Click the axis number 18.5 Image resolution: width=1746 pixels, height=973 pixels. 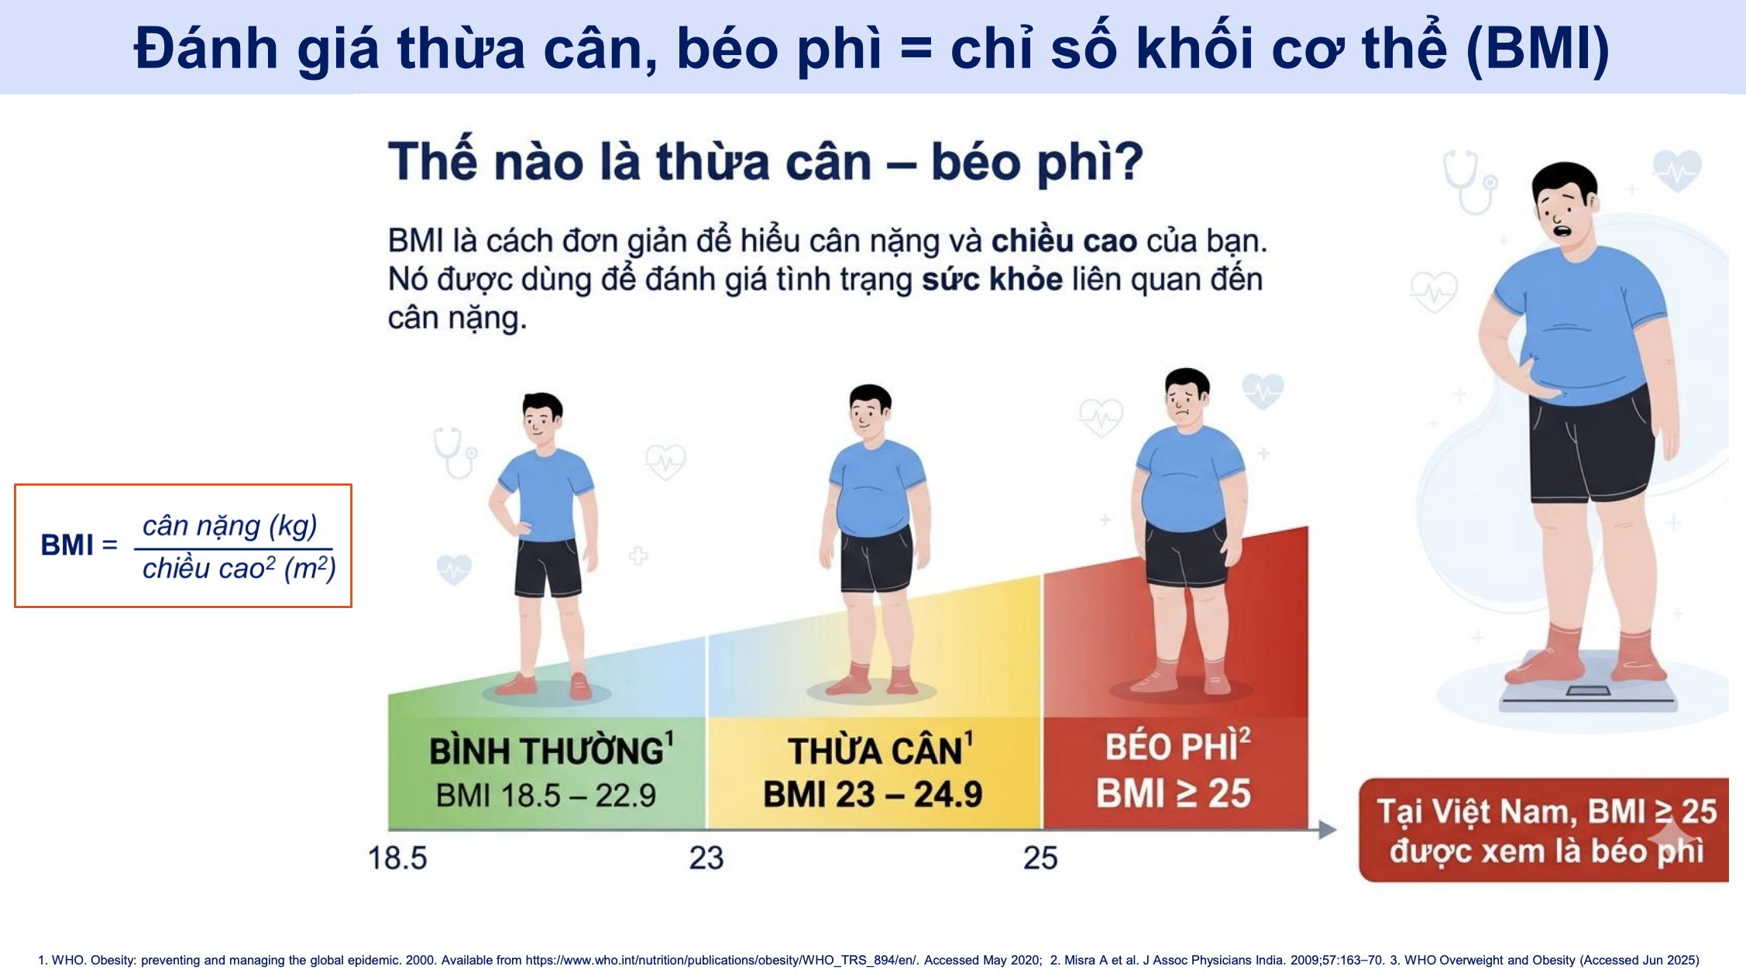tap(397, 858)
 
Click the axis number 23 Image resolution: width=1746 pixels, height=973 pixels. tap(706, 858)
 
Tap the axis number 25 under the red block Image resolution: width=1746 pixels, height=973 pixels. tap(1040, 858)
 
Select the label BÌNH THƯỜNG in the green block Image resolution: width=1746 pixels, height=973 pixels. tap(546, 751)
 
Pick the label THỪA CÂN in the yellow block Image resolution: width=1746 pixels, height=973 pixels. tap(875, 751)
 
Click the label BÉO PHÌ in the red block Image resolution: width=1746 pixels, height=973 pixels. tap(1171, 747)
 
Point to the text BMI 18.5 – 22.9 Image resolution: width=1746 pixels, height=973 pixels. tap(546, 796)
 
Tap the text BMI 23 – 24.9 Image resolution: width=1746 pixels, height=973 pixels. tap(873, 795)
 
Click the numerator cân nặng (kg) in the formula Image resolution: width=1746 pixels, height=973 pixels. tap(230, 527)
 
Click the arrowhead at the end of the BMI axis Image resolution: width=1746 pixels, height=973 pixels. tap(1327, 830)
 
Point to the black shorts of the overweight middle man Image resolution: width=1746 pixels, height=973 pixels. tap(876, 559)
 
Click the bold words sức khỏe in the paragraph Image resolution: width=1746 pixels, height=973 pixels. tap(992, 280)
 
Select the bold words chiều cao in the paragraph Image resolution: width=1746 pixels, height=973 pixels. tap(1064, 242)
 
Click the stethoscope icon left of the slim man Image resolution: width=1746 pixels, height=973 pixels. tap(455, 452)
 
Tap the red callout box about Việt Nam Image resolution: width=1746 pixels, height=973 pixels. tap(1545, 830)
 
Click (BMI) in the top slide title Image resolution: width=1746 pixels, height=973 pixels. tap(1538, 48)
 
